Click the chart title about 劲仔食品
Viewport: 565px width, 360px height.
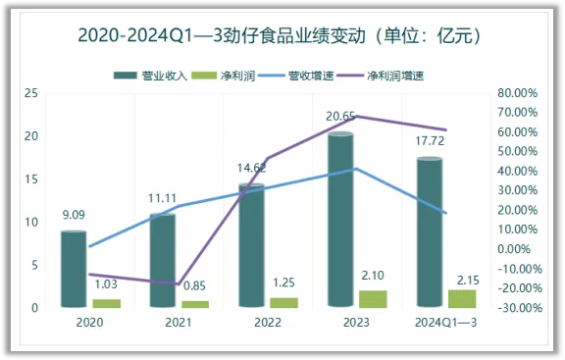(x=282, y=35)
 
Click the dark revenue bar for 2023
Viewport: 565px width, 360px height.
(x=340, y=221)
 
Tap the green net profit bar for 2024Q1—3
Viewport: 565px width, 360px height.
(x=462, y=298)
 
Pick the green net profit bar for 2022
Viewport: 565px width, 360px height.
(x=283, y=302)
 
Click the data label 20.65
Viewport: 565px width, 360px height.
(x=340, y=117)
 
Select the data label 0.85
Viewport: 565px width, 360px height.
(x=195, y=286)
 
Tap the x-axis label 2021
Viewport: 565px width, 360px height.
(x=178, y=322)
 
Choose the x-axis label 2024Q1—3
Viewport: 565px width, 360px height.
(x=446, y=322)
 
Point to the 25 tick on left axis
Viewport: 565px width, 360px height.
(x=32, y=92)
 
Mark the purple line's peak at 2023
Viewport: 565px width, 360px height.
(x=357, y=116)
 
